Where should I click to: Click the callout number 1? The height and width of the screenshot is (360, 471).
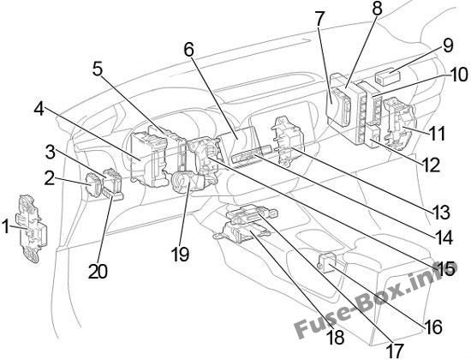click(x=6, y=226)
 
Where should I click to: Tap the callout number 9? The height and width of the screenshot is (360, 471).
click(x=447, y=46)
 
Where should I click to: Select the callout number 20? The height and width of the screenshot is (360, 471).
click(x=98, y=271)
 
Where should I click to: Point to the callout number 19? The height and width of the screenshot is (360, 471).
click(x=180, y=254)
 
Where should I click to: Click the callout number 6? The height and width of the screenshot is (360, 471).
click(x=188, y=49)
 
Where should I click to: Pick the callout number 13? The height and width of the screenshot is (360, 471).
click(x=441, y=213)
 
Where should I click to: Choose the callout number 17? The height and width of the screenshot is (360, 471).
click(x=395, y=351)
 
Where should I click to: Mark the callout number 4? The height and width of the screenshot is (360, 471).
click(x=39, y=109)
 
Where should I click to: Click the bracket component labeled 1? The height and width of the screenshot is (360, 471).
click(x=33, y=229)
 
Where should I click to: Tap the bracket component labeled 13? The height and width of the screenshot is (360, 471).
click(x=288, y=141)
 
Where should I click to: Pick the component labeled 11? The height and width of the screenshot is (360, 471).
click(x=400, y=123)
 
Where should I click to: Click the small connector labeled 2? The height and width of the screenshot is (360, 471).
click(x=93, y=184)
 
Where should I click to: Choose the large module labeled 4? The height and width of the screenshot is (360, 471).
click(x=149, y=159)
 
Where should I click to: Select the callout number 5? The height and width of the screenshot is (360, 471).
click(x=98, y=69)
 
